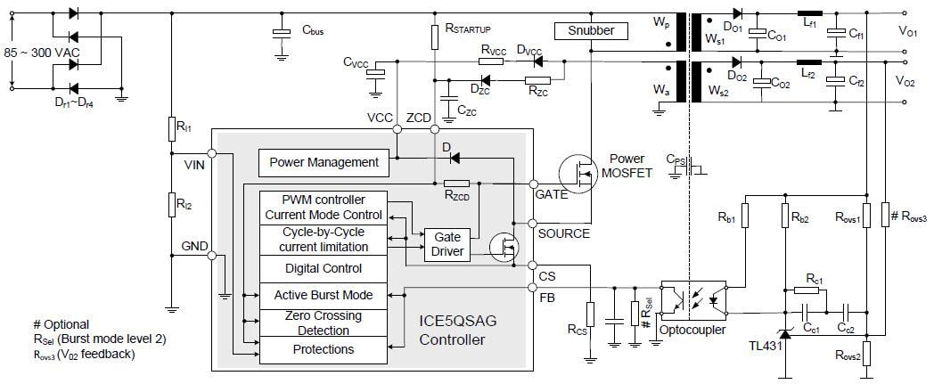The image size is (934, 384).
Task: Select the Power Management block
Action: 324,162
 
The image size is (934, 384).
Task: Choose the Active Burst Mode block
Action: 324,295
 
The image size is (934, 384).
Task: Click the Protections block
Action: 324,349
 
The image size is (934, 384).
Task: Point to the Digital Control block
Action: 324,268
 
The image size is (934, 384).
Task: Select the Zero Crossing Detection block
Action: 324,323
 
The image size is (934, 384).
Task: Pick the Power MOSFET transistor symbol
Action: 579,175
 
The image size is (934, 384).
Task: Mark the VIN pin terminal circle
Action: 212,151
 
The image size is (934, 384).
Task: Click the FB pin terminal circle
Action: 532,287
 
